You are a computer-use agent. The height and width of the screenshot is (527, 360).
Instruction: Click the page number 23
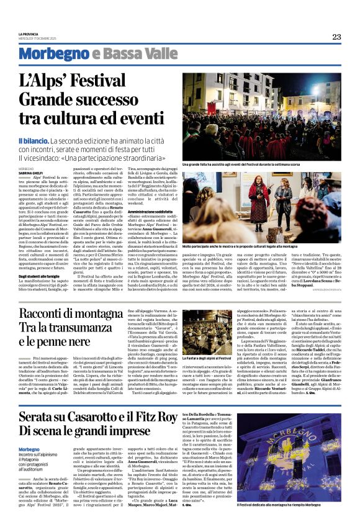336,37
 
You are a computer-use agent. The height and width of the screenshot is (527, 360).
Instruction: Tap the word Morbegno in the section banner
44,54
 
